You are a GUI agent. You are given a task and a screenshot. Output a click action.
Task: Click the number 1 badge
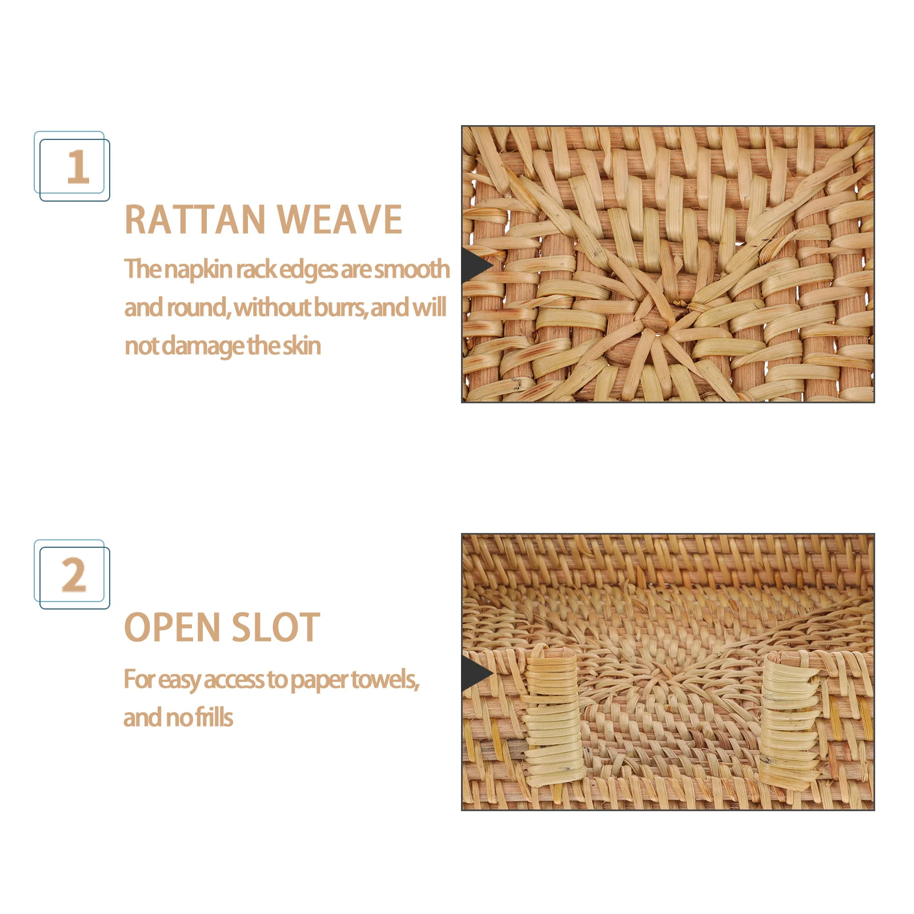[x=73, y=166]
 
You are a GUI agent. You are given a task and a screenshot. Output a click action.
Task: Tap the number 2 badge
[x=73, y=574]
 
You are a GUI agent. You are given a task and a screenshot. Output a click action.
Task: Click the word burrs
[x=339, y=308]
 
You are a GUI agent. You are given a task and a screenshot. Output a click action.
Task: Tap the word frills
[x=214, y=718]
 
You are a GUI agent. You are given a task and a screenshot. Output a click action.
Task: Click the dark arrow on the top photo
[x=475, y=266]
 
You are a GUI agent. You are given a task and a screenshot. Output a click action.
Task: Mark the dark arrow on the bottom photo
[x=476, y=674]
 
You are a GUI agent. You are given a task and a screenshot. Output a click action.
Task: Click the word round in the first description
[x=197, y=308]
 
